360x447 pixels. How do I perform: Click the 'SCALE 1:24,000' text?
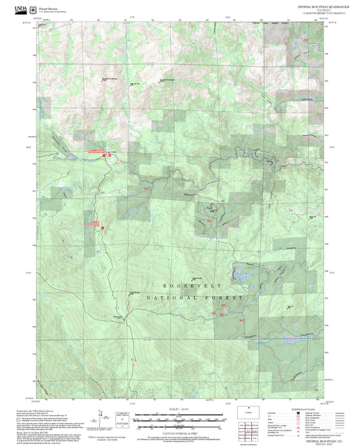(x=179, y=409)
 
